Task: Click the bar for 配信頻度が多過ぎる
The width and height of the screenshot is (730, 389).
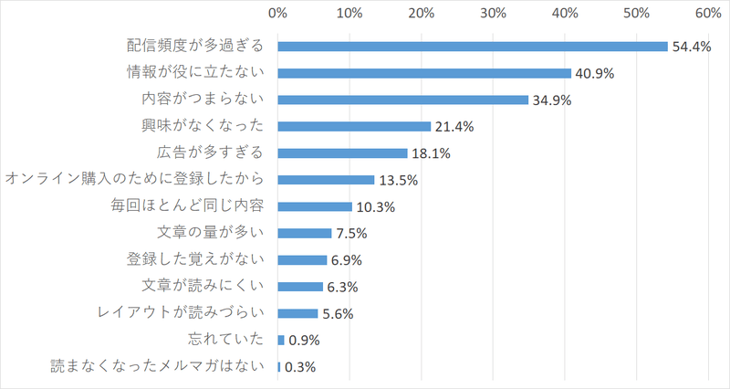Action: (473, 47)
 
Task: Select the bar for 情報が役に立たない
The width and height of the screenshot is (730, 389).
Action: (424, 73)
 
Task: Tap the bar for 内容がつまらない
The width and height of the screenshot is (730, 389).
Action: (403, 100)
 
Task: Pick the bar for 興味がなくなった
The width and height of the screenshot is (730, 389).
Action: (354, 126)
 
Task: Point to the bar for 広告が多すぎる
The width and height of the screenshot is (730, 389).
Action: (342, 152)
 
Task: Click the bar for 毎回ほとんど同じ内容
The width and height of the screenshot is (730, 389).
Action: (315, 206)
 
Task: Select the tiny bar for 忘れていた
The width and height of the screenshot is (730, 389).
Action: (281, 340)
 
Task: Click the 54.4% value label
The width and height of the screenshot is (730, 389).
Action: (691, 47)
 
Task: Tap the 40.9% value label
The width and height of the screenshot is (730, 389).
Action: (594, 74)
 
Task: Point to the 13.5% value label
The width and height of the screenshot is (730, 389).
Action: (398, 180)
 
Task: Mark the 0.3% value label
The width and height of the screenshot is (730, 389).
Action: (300, 367)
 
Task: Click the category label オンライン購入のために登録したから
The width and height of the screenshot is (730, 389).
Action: (134, 179)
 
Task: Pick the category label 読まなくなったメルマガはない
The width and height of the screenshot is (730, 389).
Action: (157, 366)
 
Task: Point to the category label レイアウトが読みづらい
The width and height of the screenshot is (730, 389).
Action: (180, 313)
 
